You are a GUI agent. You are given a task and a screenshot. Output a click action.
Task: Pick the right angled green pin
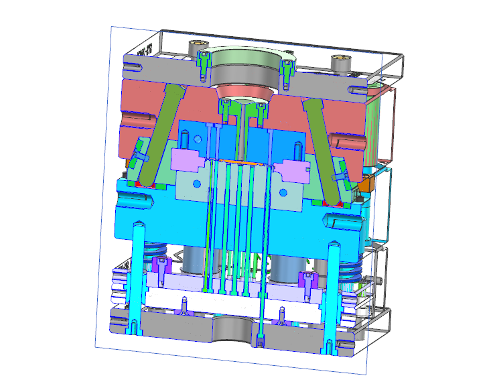324,137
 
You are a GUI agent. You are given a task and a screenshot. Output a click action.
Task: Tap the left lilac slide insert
188,161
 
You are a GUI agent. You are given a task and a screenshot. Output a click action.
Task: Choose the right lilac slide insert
295,171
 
